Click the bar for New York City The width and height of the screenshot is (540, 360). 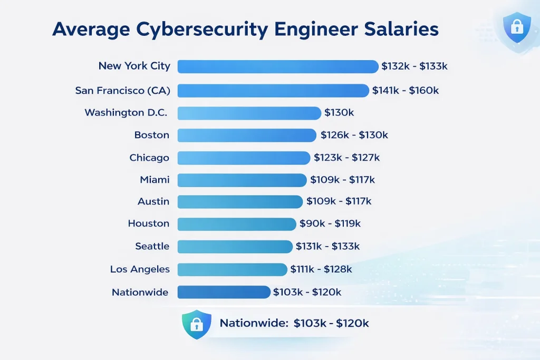(x=278, y=66)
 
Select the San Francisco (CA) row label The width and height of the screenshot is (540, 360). (x=122, y=90)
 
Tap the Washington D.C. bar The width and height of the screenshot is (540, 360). (x=249, y=113)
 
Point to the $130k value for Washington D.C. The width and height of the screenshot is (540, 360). (x=339, y=113)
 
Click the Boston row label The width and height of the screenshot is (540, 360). (x=152, y=135)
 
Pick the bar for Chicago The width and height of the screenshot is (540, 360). (x=244, y=158)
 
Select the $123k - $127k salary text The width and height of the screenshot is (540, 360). (x=346, y=158)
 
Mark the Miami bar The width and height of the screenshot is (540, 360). (x=242, y=180)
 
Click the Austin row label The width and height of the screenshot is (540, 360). (x=153, y=201)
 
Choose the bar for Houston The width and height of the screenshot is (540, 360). (x=237, y=224)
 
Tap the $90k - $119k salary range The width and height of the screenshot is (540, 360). (x=330, y=224)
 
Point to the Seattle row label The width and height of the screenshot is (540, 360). (x=152, y=246)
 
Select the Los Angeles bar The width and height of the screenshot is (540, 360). (x=232, y=269)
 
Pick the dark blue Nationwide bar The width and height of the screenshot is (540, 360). (x=224, y=292)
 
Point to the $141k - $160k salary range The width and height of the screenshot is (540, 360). (x=406, y=90)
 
